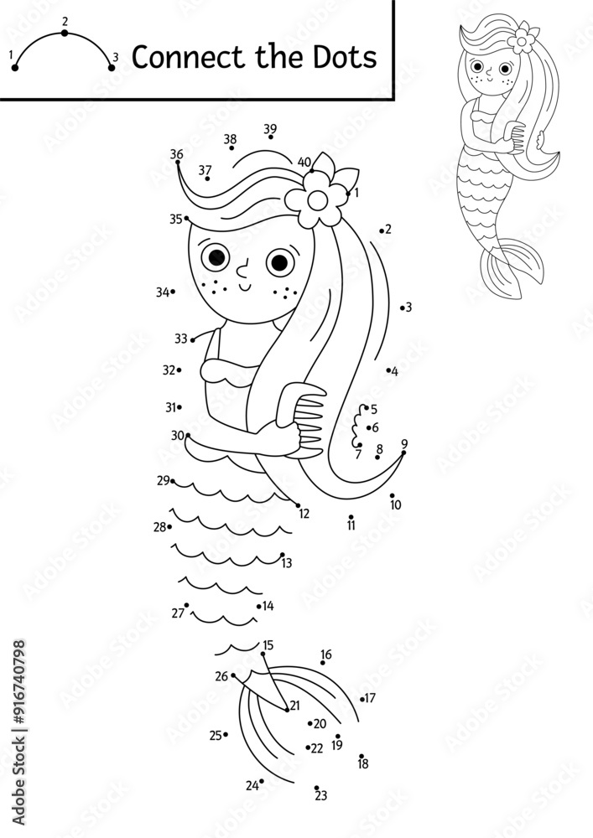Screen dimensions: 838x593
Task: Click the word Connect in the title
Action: click(178, 57)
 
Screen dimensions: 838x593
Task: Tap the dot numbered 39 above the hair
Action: click(270, 137)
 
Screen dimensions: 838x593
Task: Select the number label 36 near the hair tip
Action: click(176, 153)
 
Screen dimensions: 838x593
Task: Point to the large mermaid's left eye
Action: click(216, 255)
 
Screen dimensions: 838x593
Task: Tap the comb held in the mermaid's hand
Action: click(306, 419)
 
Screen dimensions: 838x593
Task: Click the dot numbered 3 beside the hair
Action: click(401, 308)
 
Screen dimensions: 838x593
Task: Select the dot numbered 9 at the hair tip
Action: click(403, 453)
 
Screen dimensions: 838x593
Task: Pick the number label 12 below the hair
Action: click(304, 514)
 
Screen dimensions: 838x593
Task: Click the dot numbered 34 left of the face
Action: click(172, 292)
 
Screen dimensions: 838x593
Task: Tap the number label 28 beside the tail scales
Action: click(159, 527)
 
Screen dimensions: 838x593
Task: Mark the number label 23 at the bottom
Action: click(321, 796)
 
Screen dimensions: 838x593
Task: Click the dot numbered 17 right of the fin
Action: click(362, 699)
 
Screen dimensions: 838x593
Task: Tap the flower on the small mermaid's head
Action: click(524, 36)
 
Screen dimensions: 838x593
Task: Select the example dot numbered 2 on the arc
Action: click(65, 34)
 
